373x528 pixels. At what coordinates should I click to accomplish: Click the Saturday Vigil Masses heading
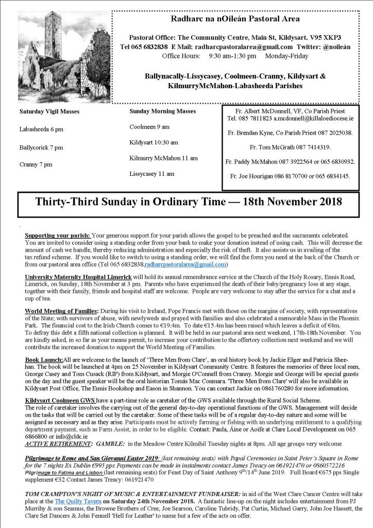coord(49,111)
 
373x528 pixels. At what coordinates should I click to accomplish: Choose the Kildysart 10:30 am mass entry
coord(154,142)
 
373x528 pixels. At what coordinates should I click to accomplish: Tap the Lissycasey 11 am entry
coord(152,174)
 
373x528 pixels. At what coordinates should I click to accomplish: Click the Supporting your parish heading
coord(57,235)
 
